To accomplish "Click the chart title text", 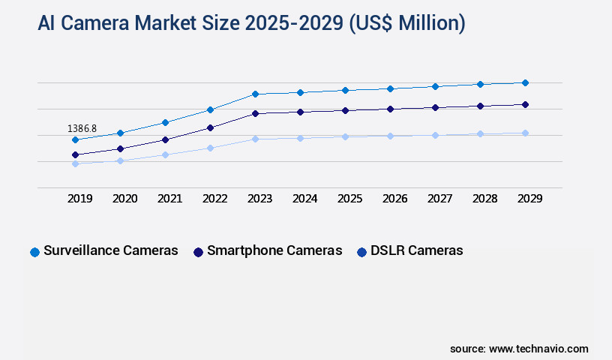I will [251, 23].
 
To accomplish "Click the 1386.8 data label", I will [82, 128].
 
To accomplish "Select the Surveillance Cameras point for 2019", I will [75, 139].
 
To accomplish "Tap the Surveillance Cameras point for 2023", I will [255, 94].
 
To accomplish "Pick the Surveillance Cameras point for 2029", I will [525, 82].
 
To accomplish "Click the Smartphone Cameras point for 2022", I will [210, 127].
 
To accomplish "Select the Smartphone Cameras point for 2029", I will [525, 104].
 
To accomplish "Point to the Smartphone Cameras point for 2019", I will [75, 154].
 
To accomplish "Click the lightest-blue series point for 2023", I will [255, 139].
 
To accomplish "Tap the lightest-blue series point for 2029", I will [525, 133].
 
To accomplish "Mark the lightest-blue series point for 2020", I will [120, 160].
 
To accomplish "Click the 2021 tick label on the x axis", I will [169, 199].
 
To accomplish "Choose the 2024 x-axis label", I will [304, 199].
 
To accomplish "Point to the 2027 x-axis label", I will [439, 199].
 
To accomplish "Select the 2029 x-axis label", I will [529, 199].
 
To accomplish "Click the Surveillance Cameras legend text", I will [111, 250].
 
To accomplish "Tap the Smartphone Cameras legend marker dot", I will [198, 252].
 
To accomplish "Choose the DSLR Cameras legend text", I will [416, 250].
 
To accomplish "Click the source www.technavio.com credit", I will [519, 349].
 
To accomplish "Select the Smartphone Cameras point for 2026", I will [390, 109].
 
